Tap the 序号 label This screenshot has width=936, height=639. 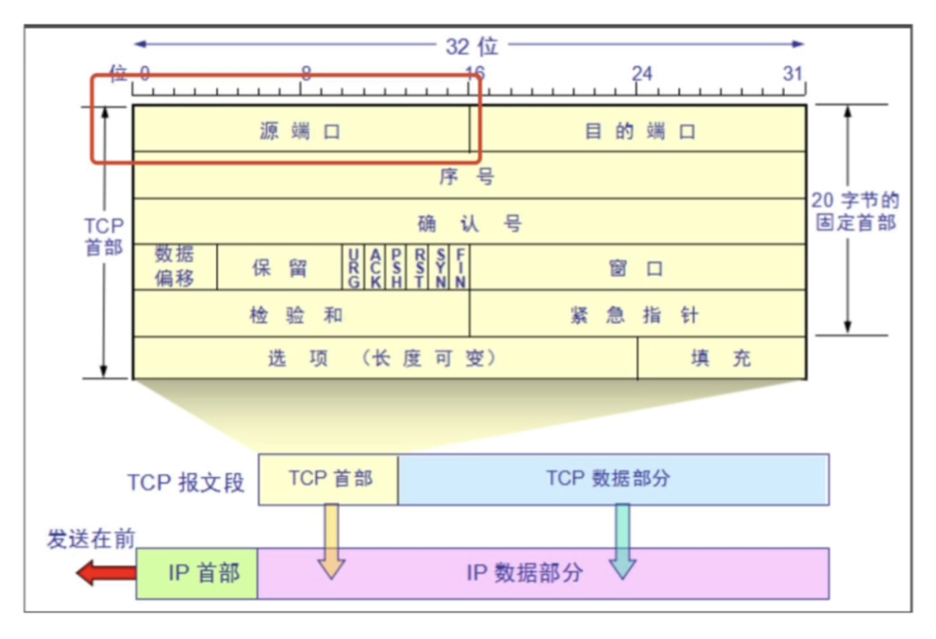click(x=468, y=176)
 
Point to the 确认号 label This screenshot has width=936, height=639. click(x=468, y=223)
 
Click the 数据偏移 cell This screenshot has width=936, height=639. click(x=174, y=267)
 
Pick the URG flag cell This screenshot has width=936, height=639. click(x=354, y=267)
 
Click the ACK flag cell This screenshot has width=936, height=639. click(x=376, y=267)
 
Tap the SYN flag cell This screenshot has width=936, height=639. click(x=440, y=267)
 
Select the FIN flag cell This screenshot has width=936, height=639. click(x=460, y=267)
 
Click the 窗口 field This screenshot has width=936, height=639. click(x=637, y=267)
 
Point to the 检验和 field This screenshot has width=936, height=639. click(x=301, y=314)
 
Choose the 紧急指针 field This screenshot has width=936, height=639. click(x=637, y=314)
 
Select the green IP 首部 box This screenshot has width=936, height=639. click(x=197, y=573)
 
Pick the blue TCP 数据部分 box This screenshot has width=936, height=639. click(x=613, y=479)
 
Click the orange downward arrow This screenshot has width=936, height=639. click(x=330, y=541)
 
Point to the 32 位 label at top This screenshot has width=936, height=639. click(x=471, y=45)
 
